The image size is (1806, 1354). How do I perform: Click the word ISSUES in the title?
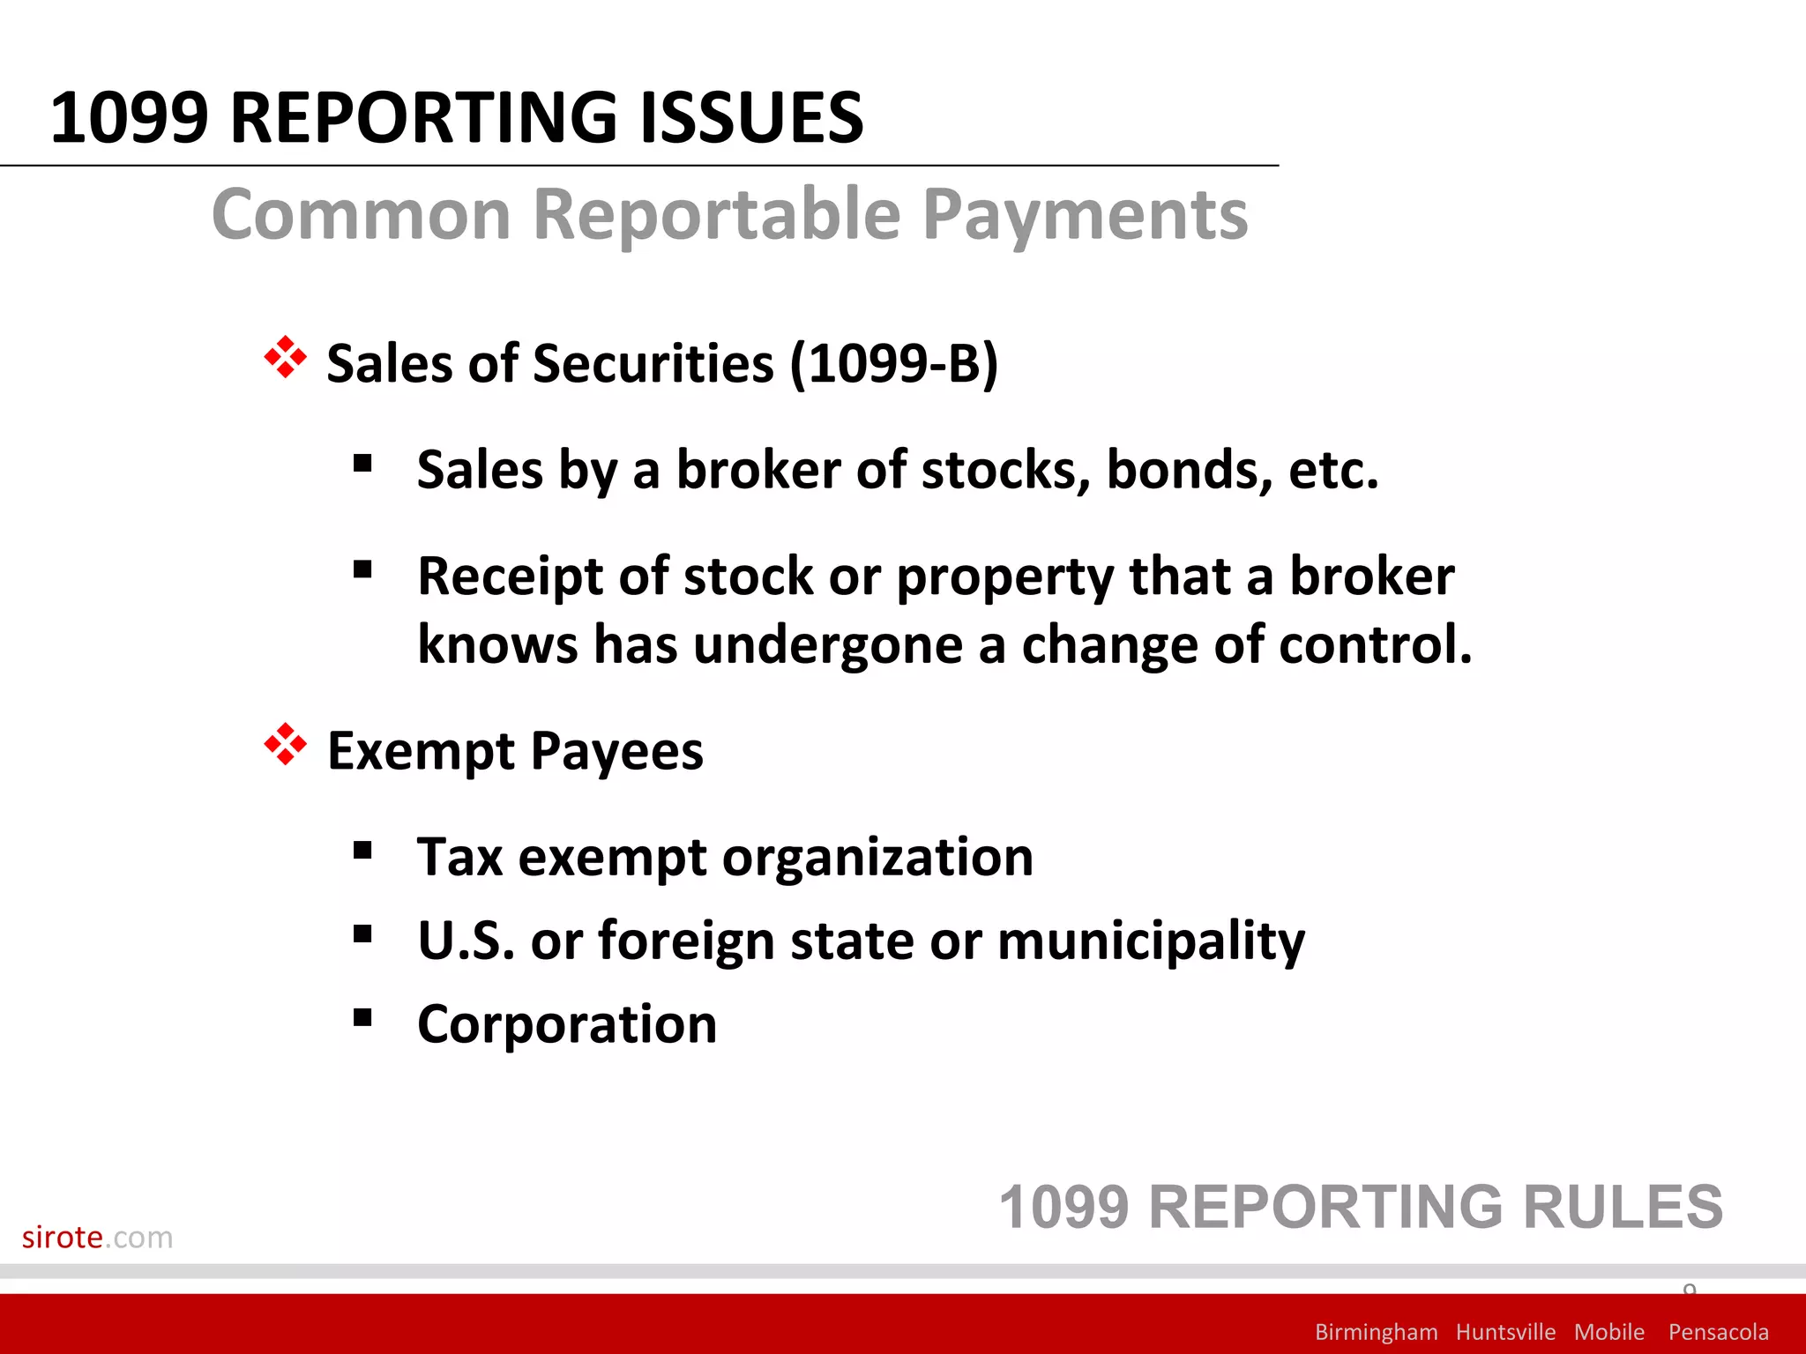(750, 118)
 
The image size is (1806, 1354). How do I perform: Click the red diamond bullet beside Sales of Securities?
(285, 358)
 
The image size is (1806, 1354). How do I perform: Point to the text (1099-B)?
(893, 363)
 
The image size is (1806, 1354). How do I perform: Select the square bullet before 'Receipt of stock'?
(362, 569)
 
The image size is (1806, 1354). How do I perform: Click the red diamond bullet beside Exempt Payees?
(285, 745)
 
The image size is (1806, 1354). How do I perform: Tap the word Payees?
(617, 751)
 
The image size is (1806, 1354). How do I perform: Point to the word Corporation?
(567, 1024)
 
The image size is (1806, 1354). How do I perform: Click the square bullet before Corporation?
(362, 1018)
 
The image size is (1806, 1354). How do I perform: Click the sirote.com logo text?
(97, 1237)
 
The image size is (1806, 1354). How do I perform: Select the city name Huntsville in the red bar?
(1505, 1331)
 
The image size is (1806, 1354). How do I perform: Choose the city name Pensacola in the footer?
(1718, 1331)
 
